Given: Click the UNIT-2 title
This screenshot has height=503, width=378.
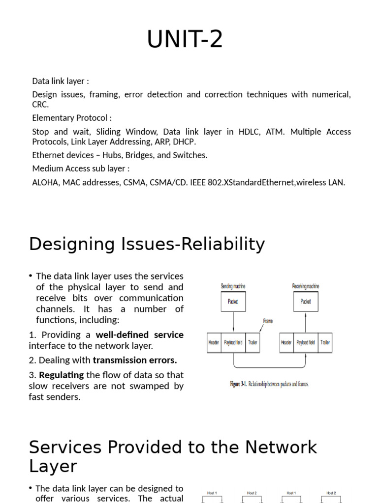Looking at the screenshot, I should [185, 39].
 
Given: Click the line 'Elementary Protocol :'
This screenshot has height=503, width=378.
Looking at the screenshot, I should [72, 118].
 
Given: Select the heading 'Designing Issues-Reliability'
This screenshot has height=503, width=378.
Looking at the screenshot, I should [147, 244].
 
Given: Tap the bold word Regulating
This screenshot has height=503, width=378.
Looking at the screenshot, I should [61, 375].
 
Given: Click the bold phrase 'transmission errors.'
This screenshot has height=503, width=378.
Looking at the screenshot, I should [135, 360].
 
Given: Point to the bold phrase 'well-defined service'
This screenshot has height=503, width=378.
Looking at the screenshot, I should [139, 335].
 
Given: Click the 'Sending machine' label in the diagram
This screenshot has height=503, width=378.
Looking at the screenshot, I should [233, 286].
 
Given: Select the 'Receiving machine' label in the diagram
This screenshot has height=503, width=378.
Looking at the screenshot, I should [306, 286].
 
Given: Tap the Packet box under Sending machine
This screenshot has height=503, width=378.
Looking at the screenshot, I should [233, 302].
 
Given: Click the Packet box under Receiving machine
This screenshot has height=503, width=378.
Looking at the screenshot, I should [306, 302].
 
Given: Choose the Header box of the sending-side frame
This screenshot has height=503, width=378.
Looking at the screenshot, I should [214, 342].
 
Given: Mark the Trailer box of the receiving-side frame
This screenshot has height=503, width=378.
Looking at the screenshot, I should [325, 342].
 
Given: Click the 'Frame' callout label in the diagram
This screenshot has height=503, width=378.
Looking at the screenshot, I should [268, 321].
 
